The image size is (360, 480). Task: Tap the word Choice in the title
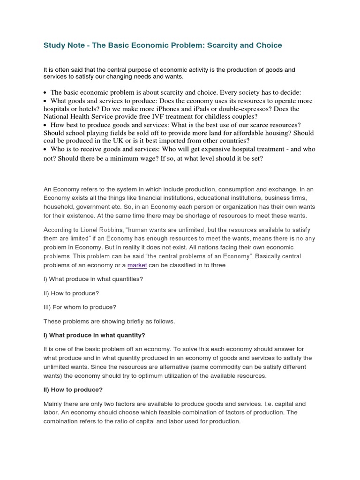point(267,45)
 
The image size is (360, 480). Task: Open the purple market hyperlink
point(137,265)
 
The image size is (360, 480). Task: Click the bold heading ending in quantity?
point(94,335)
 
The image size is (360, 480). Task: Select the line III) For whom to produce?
point(80,307)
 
